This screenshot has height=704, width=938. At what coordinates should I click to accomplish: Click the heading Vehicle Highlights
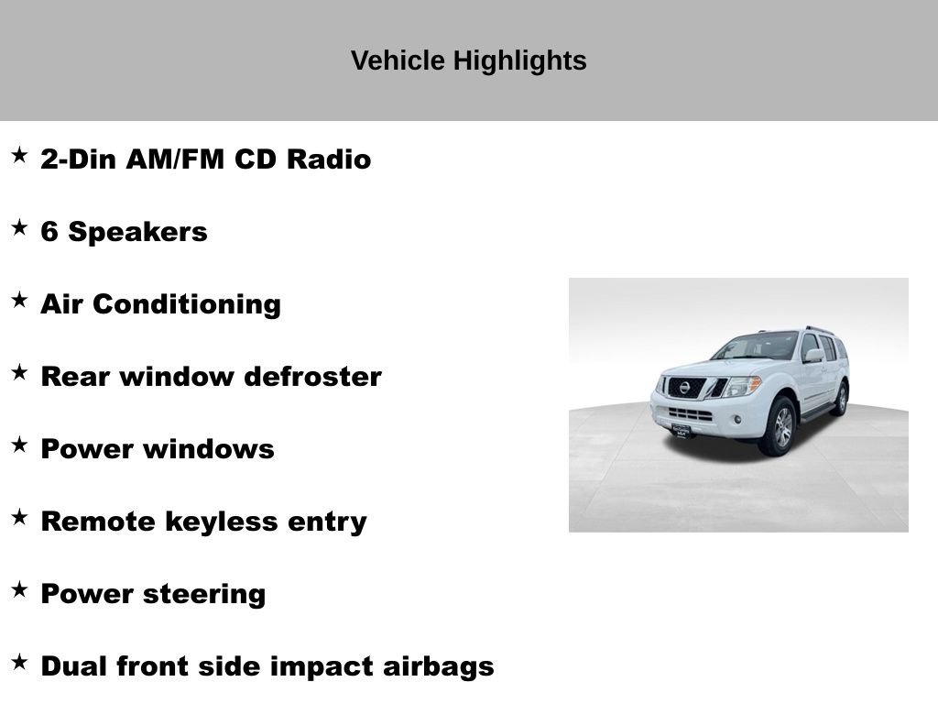(468, 60)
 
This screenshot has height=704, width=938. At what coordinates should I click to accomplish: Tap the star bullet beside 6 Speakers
(19, 228)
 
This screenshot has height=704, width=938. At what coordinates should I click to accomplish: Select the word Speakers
(138, 232)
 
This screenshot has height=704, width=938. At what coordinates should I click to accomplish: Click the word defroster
(312, 377)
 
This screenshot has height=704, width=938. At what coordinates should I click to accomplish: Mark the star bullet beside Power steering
(19, 590)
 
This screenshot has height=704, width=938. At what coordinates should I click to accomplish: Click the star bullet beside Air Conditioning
(19, 301)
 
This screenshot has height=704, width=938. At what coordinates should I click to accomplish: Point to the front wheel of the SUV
(780, 426)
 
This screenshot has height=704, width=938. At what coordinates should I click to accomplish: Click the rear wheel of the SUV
(840, 400)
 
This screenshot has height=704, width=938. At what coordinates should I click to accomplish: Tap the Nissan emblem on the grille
(683, 388)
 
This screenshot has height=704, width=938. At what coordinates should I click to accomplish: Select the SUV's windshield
(758, 346)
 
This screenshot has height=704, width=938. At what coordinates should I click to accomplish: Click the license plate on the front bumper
(682, 430)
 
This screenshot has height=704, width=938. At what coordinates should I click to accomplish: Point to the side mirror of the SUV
(813, 355)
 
